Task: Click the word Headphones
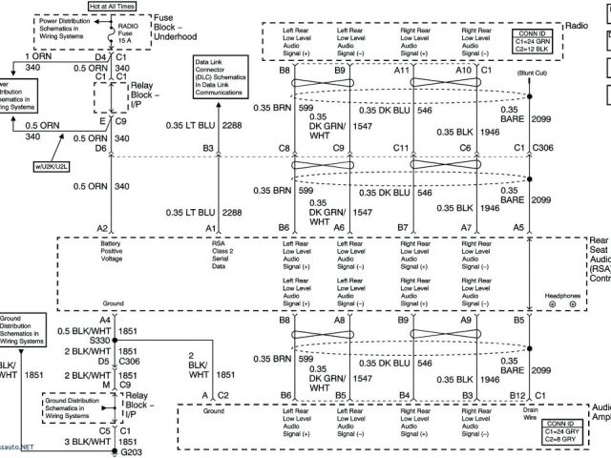click(562, 297)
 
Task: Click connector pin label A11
click(402, 71)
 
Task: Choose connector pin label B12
click(518, 393)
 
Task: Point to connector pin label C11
click(403, 148)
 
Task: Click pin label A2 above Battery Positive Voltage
click(102, 228)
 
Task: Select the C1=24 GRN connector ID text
click(559, 41)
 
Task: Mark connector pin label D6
click(100, 148)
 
